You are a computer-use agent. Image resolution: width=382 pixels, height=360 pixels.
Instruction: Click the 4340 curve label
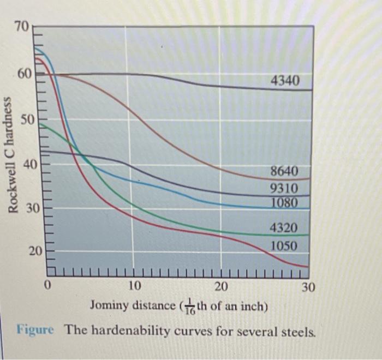pyautogui.click(x=285, y=82)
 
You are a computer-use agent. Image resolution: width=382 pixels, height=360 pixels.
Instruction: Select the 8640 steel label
pyautogui.click(x=285, y=172)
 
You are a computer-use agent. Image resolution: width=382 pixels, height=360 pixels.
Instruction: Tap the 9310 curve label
pyautogui.click(x=285, y=189)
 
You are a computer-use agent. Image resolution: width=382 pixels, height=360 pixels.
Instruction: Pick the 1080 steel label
pyautogui.click(x=285, y=203)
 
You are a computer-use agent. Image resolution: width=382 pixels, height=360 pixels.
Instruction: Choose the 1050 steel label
pyautogui.click(x=285, y=247)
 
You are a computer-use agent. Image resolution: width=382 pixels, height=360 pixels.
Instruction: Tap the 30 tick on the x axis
pyautogui.click(x=308, y=287)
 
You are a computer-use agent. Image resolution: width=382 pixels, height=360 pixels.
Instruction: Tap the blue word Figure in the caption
pyautogui.click(x=34, y=329)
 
